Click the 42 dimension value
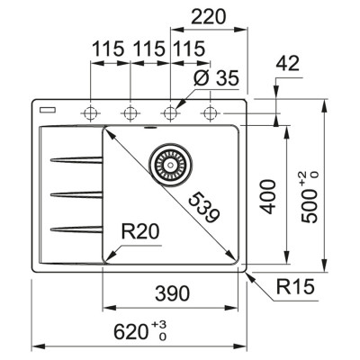[x=287, y=63]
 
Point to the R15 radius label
[x=295, y=290]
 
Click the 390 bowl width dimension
[x=170, y=292]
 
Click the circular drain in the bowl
[x=166, y=162]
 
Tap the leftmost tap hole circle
[x=90, y=113]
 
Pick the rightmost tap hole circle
[x=211, y=113]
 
